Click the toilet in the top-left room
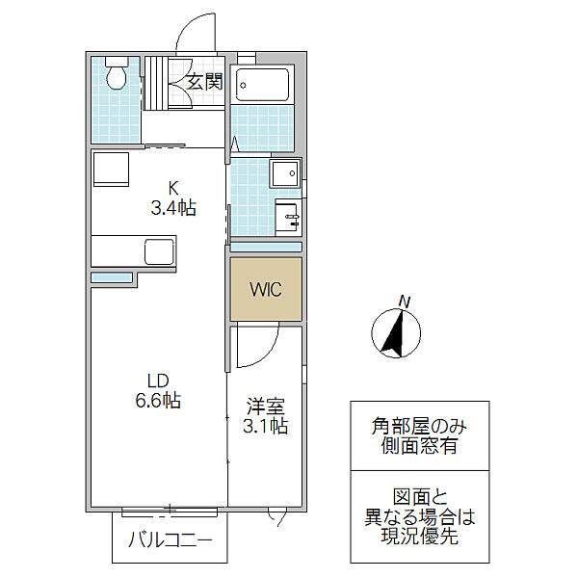point(117,73)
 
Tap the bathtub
point(262,85)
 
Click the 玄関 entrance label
point(205,82)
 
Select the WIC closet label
point(266,289)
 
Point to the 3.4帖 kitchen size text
point(173,208)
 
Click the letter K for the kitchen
point(173,189)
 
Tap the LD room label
point(158,381)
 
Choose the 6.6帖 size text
point(158,401)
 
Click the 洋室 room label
point(266,407)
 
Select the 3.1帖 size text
point(266,426)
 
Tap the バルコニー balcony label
point(170,540)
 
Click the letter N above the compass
point(405,302)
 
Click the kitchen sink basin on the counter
point(159,251)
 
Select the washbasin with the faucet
point(287,218)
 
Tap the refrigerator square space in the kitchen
point(111,170)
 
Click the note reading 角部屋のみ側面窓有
point(419,436)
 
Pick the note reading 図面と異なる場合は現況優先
point(419,516)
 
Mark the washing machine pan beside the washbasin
point(285,172)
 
